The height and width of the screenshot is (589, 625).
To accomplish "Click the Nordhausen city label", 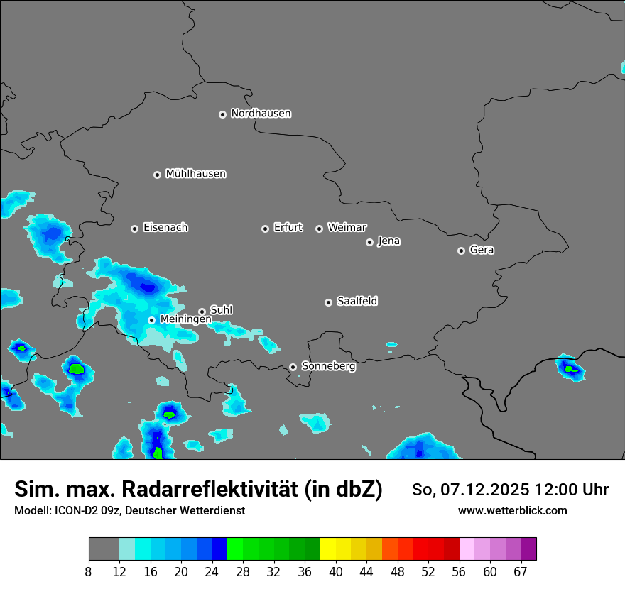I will coord(261,114).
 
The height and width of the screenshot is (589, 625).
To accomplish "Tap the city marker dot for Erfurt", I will coord(265,229).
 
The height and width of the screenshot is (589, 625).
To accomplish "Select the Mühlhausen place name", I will coord(195,174).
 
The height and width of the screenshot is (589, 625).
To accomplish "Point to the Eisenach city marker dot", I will coord(134,229).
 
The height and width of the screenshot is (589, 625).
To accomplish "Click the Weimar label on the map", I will coord(347,228).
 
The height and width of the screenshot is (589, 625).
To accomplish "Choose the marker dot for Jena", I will coord(369,242).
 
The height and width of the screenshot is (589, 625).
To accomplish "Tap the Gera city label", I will coord(482,250).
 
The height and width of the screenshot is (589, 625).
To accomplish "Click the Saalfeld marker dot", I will coord(328,302).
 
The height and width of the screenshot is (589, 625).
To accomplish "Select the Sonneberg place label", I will coord(328,366).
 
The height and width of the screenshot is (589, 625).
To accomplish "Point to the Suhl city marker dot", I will coord(202,312).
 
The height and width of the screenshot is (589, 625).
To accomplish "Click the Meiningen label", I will coord(185,319).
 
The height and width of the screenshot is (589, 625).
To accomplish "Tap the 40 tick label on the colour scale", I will coord(335,571).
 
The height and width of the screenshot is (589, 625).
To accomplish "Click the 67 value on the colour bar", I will coord(521,571).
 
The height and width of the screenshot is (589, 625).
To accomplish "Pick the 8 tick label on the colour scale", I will coord(89,571).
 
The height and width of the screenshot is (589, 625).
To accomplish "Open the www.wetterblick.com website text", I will coord(512,510).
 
